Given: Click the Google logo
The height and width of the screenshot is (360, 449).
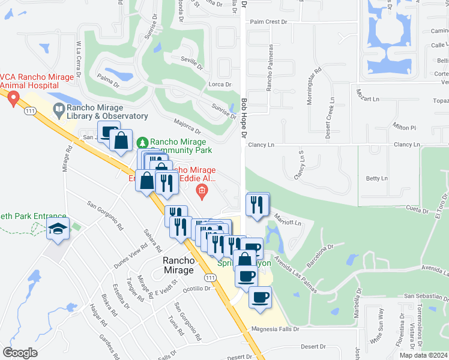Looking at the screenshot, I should [x=20, y=353].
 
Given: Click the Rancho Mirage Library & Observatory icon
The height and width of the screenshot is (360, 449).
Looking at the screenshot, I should [x=59, y=109].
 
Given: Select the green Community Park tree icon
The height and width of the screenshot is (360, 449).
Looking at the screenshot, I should [x=142, y=142].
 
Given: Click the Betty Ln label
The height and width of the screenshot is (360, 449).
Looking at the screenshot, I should [x=377, y=178].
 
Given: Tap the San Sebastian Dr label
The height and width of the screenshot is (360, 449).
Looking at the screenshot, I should [x=426, y=296].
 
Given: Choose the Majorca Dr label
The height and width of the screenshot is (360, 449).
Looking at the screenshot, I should [x=187, y=127].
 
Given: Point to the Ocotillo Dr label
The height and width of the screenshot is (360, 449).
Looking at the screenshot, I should [x=197, y=288].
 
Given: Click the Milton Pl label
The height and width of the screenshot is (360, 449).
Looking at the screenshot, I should [x=404, y=128].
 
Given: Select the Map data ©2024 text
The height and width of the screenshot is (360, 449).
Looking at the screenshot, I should [x=422, y=355].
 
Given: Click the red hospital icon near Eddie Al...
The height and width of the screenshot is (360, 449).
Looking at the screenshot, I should [x=202, y=191].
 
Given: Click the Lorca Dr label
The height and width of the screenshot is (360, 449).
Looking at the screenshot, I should [x=215, y=85].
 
